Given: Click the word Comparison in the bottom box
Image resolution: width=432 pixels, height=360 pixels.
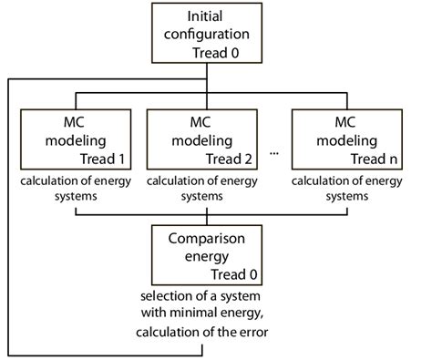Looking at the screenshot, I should tap(211, 241).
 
